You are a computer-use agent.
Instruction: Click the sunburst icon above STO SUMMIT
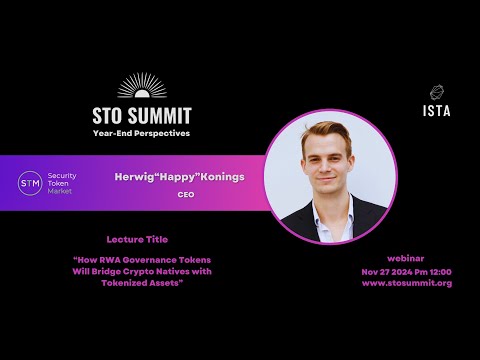click(x=155, y=86)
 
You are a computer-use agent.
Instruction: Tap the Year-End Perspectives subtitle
click(x=155, y=133)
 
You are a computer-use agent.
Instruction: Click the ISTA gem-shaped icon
click(x=437, y=92)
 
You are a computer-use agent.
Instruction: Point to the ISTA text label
click(x=437, y=110)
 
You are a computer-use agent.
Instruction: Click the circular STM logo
click(x=31, y=182)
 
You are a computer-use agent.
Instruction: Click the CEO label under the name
click(x=179, y=196)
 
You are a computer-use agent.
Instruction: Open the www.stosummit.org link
click(x=406, y=283)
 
